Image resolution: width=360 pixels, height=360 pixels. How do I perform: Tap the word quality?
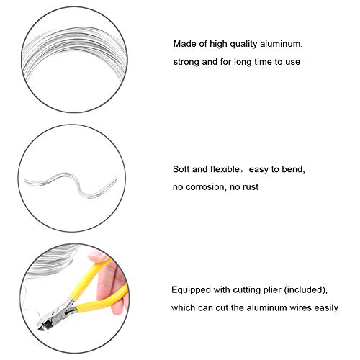coord(245,44)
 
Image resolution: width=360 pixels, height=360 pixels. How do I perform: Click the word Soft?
coord(181,170)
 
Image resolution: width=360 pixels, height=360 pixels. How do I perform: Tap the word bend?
coord(294,170)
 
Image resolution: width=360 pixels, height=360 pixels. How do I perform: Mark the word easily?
coord(325,308)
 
